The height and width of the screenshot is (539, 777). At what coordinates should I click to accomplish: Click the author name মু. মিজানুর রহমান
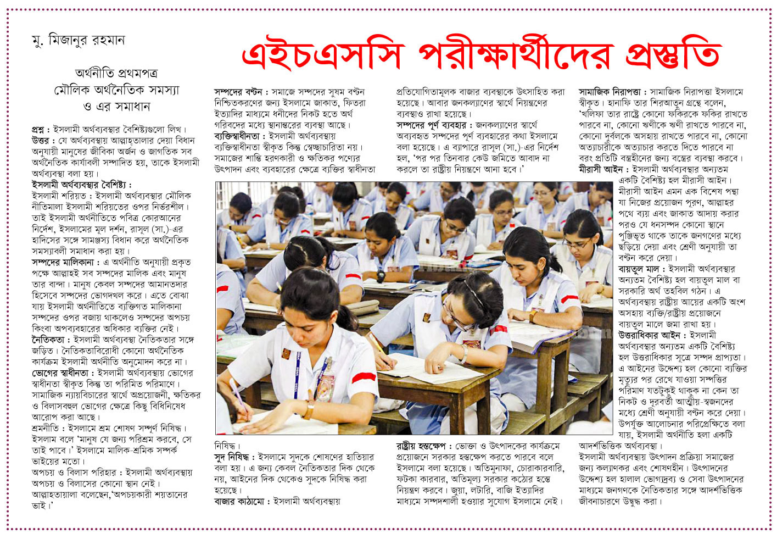click(x=78, y=40)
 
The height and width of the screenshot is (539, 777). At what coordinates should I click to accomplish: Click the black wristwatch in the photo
click(x=381, y=274)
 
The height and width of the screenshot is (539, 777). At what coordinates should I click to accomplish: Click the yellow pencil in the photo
click(x=378, y=346)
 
